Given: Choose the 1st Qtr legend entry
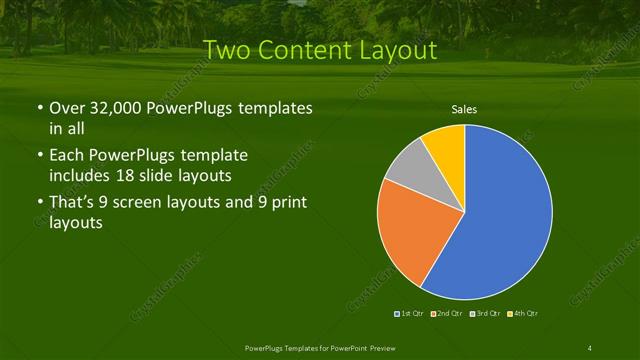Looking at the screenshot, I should (x=410, y=314).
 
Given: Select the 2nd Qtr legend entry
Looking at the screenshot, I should (x=448, y=314).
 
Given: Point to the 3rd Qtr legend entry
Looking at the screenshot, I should (x=486, y=314).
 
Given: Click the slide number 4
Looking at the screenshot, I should (x=590, y=347).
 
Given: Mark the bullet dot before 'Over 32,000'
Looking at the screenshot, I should (x=39, y=109).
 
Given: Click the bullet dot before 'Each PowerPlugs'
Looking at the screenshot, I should (x=39, y=157).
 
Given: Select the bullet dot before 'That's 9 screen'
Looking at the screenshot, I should (x=39, y=205).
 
